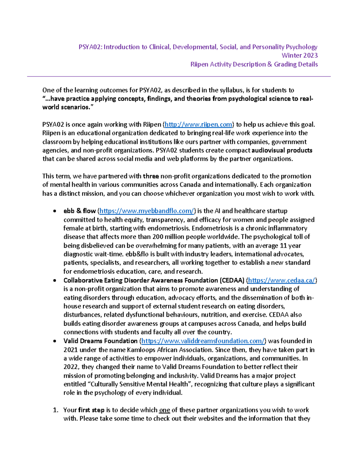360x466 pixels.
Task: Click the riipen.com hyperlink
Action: pos(198,125)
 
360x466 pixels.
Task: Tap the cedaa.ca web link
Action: pos(281,280)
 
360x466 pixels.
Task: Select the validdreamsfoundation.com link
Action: pos(203,341)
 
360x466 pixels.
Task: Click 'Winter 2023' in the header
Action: pos(299,56)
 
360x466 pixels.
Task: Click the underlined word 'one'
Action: pos(164,410)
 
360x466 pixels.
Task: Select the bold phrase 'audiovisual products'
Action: pos(282,150)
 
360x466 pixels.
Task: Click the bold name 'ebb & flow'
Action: pos(79,211)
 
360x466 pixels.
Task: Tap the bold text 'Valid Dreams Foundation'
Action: pos(100,341)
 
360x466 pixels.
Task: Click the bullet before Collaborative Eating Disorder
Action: pos(54,281)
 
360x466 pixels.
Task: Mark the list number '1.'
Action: pos(55,410)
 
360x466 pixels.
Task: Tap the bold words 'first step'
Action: pos(91,410)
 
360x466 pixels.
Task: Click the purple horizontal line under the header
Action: pos(179,77)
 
